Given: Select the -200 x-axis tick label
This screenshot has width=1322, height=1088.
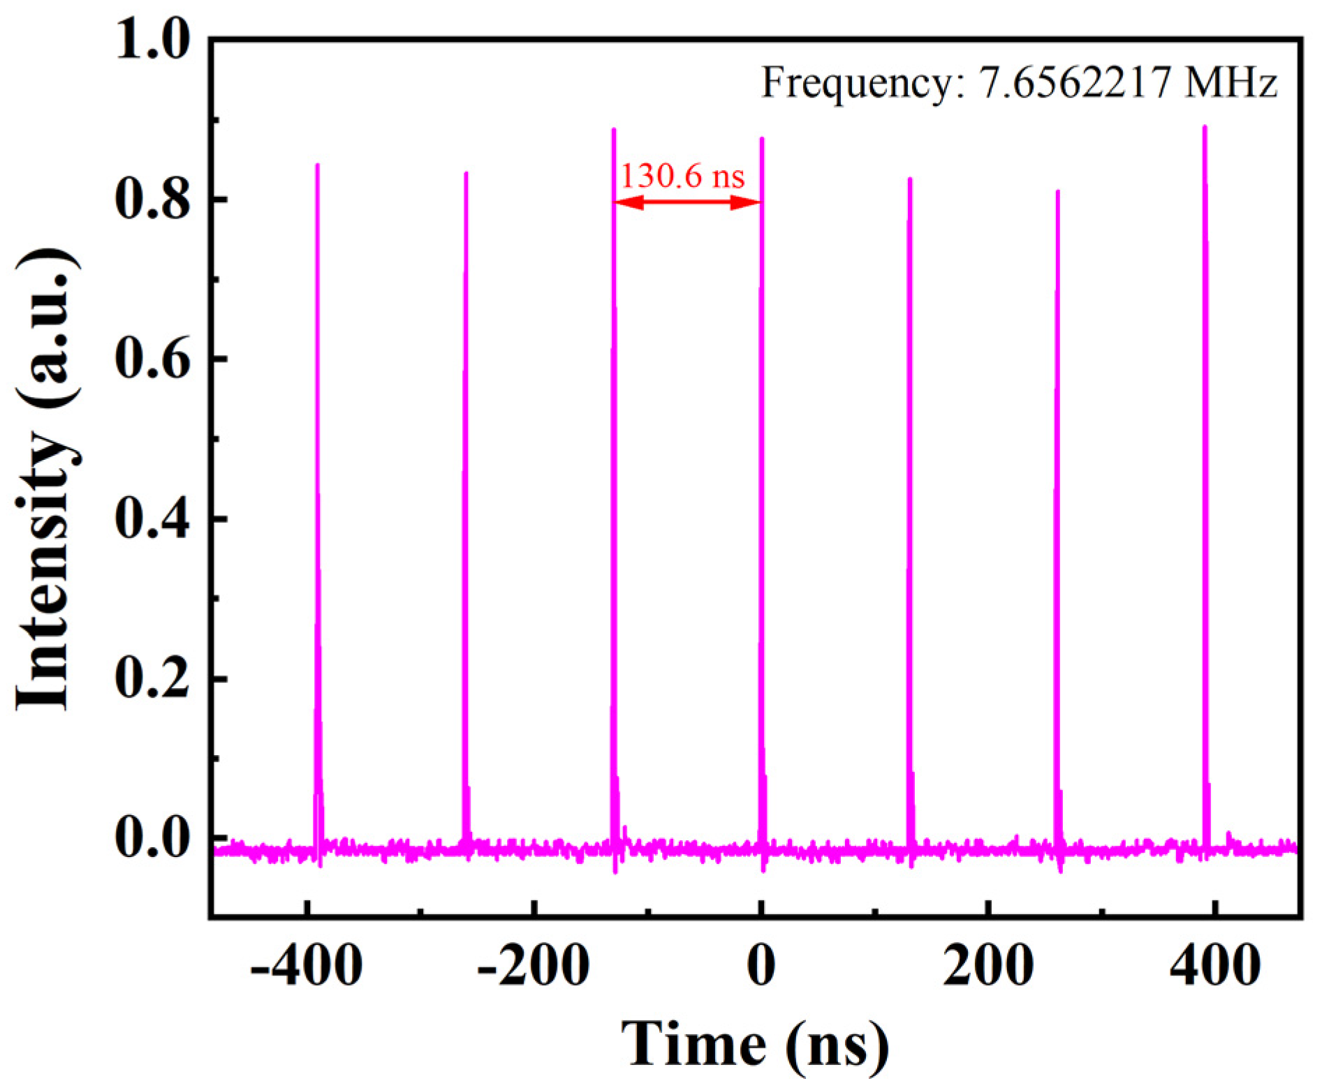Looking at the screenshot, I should (x=534, y=967).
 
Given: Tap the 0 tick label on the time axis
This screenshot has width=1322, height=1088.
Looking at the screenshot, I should (x=761, y=967).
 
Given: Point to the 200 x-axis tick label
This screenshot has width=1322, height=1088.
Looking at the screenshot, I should (x=988, y=967).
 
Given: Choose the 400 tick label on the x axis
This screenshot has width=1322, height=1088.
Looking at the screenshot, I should (x=1216, y=967).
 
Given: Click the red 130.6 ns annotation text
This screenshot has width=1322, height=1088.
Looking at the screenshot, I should (x=682, y=176).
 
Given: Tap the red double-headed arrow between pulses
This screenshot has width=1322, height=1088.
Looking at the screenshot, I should (x=686, y=203).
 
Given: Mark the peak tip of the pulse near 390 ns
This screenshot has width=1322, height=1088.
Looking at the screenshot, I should (x=1205, y=128).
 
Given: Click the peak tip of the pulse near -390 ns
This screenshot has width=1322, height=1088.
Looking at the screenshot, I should (x=318, y=165).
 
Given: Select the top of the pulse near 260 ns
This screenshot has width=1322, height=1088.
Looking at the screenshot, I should (x=1057, y=191).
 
